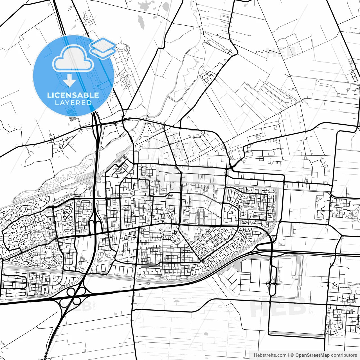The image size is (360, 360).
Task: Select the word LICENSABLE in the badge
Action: pos(73,95)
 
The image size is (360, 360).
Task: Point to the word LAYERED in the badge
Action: pos(73,103)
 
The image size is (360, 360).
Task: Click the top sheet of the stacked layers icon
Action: pos(103,44)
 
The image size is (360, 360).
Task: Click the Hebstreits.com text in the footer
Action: pos(270,355)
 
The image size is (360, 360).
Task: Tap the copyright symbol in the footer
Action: pos(292,355)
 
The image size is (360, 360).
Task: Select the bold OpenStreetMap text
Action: pos(312,355)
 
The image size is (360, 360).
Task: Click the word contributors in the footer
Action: pos(344,355)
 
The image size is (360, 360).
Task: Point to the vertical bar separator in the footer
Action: pos(289,355)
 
